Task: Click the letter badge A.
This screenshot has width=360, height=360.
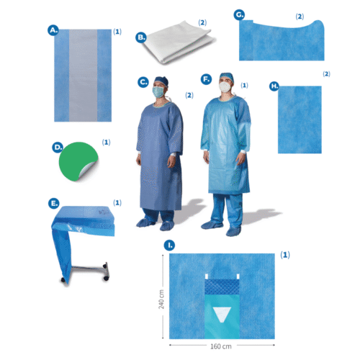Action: (53, 30)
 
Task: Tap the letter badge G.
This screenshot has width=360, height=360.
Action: (239, 15)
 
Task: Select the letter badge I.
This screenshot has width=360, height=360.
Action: (169, 246)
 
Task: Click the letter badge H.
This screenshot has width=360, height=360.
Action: (274, 86)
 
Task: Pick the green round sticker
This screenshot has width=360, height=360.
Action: (78, 161)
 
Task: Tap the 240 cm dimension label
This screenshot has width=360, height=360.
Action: (161, 299)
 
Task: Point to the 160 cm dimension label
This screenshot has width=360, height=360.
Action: (221, 346)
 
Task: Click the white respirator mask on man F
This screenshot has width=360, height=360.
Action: (225, 87)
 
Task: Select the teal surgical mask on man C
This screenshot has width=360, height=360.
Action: (158, 92)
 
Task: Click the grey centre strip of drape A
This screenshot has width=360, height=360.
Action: (84, 76)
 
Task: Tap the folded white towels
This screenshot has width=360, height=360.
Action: (178, 42)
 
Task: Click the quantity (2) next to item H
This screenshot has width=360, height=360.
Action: (326, 73)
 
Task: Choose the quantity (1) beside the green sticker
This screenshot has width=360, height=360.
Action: (106, 143)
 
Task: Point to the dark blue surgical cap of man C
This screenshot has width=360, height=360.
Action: (161, 81)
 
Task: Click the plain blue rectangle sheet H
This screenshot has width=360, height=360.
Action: (300, 120)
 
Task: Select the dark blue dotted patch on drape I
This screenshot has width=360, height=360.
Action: (222, 287)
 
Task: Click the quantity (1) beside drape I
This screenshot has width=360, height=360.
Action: (285, 255)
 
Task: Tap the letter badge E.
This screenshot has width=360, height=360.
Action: (54, 203)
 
